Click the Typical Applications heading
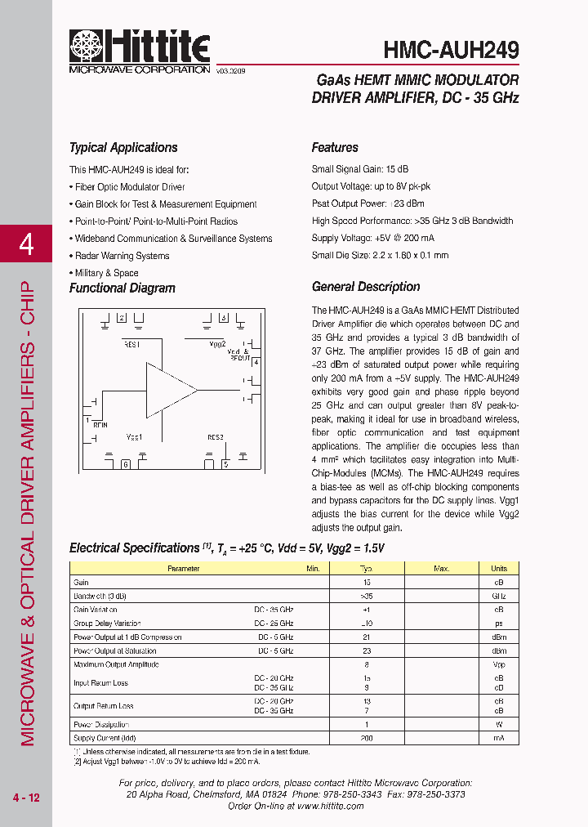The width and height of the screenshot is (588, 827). (x=123, y=148)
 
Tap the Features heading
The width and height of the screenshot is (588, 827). (x=335, y=148)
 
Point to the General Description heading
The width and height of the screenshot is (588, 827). (x=366, y=287)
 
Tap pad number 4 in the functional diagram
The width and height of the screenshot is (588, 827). (x=256, y=361)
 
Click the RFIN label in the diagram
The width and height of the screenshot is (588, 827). (x=100, y=425)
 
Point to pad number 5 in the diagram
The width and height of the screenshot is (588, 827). (x=225, y=465)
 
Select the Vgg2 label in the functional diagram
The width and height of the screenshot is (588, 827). (x=217, y=344)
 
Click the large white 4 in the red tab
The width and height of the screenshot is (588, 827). (x=26, y=244)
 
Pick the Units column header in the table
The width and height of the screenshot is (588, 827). (x=498, y=568)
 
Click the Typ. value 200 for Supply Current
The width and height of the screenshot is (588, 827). (x=366, y=738)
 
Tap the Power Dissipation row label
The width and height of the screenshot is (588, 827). (x=101, y=725)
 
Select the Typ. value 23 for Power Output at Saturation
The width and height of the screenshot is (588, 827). (x=366, y=651)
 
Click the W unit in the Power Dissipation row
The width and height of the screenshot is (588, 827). (x=498, y=725)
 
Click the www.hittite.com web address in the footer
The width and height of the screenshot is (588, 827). (x=330, y=806)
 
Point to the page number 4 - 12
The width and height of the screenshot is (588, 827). (x=26, y=798)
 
